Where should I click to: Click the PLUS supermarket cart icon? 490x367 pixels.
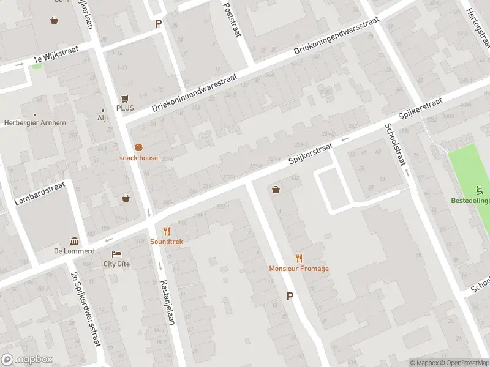(125, 98)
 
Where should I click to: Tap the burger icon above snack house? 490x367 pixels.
(138, 147)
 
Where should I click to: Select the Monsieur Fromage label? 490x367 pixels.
(299, 269)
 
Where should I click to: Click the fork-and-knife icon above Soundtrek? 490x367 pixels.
(167, 231)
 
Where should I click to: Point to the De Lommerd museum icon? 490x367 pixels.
(74, 240)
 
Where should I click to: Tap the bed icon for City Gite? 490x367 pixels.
(116, 254)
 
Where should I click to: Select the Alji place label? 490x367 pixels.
(103, 119)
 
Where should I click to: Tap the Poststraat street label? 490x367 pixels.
(230, 18)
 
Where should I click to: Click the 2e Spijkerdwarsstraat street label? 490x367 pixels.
(86, 309)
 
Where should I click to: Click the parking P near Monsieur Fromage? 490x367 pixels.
(290, 297)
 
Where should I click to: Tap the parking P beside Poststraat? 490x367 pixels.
(158, 24)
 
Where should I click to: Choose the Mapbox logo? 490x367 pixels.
(26, 359)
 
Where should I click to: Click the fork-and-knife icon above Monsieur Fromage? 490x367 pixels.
(299, 258)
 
